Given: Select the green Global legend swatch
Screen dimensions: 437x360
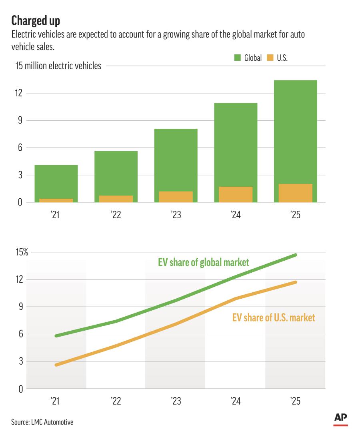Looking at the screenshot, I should click(x=238, y=58).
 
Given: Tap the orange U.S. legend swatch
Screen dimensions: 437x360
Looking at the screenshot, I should click(x=270, y=58).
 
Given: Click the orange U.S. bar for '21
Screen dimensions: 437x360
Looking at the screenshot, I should click(x=56, y=200).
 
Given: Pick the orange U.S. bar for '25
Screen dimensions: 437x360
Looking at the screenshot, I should click(x=295, y=193).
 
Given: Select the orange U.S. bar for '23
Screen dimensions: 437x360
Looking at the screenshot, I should click(x=176, y=197).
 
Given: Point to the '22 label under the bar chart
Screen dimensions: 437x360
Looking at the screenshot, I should click(x=116, y=215).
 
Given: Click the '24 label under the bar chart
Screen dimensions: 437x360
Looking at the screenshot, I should click(x=236, y=215).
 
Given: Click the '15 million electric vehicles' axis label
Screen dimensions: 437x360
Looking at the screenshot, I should click(x=58, y=66).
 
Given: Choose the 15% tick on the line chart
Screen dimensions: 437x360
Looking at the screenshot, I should click(x=22, y=252).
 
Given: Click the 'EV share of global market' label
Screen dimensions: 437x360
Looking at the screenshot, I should click(x=203, y=263).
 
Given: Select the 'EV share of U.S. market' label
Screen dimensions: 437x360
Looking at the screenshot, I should click(x=274, y=318).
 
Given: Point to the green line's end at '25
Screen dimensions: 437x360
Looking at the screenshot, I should click(x=296, y=255).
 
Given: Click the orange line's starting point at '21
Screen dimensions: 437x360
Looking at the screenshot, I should click(x=56, y=365).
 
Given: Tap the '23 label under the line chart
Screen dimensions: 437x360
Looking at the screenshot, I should click(x=176, y=401).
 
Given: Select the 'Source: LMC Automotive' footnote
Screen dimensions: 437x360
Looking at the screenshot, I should click(x=42, y=422).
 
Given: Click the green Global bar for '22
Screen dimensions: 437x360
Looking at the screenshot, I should click(x=116, y=172).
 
